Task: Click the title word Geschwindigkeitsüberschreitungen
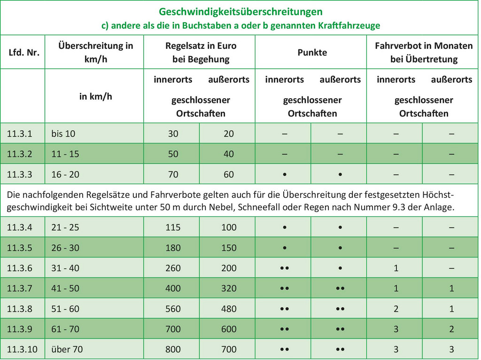tap(240, 11)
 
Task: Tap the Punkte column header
tap(312, 53)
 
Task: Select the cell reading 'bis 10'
tap(63, 133)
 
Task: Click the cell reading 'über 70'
tap(67, 349)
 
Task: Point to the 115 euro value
tap(173, 227)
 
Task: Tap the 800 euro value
tap(173, 349)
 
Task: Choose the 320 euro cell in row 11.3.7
tap(229, 289)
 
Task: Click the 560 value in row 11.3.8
tap(173, 309)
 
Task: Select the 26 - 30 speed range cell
tap(65, 248)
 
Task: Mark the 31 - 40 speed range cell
tap(65, 268)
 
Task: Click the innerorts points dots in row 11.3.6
tap(284, 268)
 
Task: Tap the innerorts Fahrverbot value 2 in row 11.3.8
tap(396, 309)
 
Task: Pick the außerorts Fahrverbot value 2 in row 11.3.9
tap(451, 329)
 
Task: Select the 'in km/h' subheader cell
tap(96, 96)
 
